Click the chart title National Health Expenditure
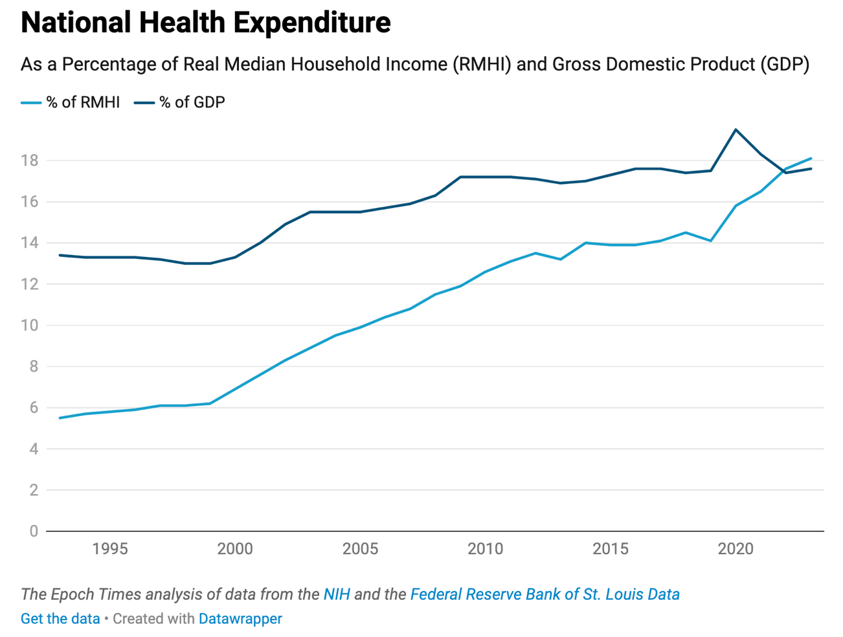coord(205,23)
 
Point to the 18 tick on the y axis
coord(30,161)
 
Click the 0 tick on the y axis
coord(34,531)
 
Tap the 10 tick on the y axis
coord(30,326)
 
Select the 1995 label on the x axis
coord(110,549)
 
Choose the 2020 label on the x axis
coord(736,549)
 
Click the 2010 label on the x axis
coord(485,549)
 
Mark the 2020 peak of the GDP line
coord(736,129)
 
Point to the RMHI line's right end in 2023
coord(811,159)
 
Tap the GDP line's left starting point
coord(60,255)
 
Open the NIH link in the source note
coord(337,594)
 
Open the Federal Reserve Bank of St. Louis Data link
coord(545,594)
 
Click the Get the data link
coord(60,619)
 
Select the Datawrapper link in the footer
coord(240,619)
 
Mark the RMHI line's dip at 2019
coord(711,241)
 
